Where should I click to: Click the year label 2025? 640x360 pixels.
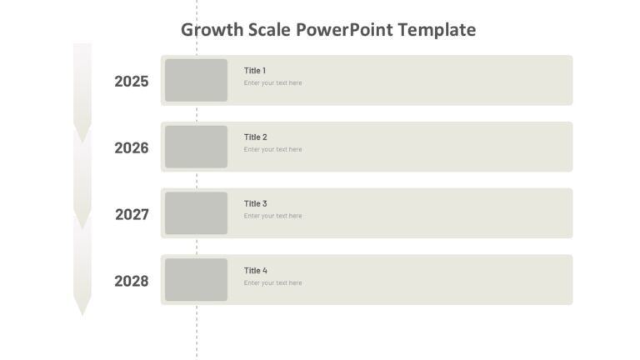(x=132, y=82)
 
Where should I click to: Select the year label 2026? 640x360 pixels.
(x=132, y=148)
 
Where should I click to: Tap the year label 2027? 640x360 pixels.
(x=132, y=215)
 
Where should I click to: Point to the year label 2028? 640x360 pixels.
(x=132, y=282)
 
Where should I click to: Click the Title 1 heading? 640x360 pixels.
(x=255, y=71)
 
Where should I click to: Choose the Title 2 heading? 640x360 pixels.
(x=255, y=137)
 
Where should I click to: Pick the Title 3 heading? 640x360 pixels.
(x=255, y=204)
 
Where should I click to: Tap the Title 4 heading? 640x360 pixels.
(x=255, y=271)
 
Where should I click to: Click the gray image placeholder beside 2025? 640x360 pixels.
(x=196, y=80)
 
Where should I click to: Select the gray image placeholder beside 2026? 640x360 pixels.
(x=196, y=147)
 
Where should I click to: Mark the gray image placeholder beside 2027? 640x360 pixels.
(x=196, y=213)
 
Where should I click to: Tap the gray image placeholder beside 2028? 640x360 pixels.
(x=196, y=280)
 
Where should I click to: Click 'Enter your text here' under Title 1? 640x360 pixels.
(x=272, y=83)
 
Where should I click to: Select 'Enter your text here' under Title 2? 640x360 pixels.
(x=272, y=150)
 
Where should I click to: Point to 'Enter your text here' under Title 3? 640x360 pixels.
(x=272, y=217)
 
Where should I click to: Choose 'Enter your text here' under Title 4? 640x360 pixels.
(x=272, y=283)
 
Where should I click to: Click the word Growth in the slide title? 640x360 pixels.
(x=212, y=31)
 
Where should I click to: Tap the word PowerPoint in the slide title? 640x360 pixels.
(x=345, y=31)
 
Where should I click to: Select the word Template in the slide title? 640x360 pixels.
(x=437, y=31)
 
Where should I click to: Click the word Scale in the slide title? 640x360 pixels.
(x=268, y=31)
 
